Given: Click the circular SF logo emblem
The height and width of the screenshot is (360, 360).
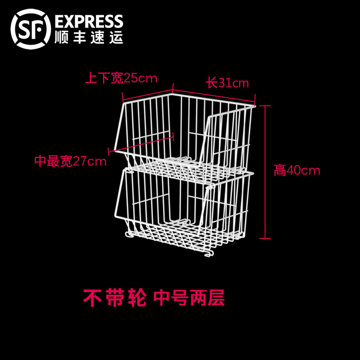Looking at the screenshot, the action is (30, 27).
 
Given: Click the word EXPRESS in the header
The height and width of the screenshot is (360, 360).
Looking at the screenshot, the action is (88, 21).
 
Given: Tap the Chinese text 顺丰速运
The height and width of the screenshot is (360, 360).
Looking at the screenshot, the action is (88, 37).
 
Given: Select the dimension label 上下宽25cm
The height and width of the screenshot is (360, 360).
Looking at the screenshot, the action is (121, 78).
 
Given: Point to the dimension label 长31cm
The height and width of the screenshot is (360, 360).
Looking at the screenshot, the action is (227, 83).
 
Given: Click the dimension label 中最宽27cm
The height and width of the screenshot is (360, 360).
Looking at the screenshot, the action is (70, 161).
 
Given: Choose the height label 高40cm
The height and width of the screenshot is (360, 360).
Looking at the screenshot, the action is (297, 171).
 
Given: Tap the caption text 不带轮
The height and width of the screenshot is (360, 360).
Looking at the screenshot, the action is (115, 298).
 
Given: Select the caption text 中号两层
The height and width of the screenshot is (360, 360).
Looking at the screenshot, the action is (189, 298).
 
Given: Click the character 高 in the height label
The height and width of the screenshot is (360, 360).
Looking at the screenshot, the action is (280, 171).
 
